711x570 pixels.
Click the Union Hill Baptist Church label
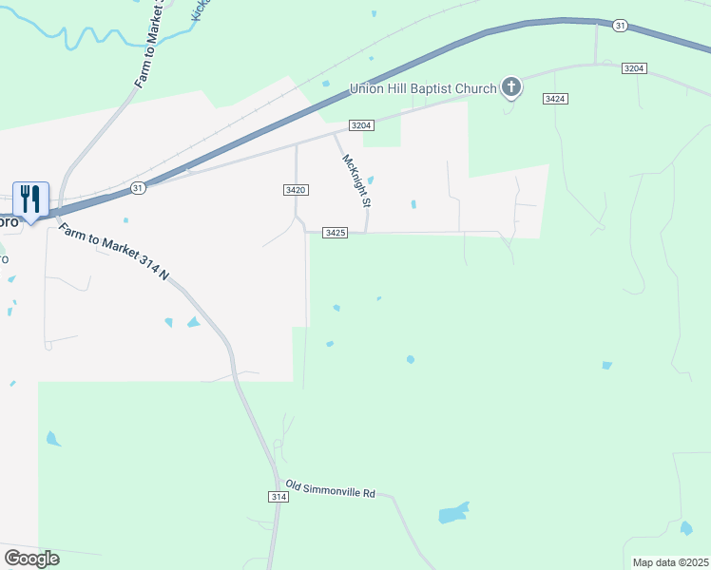click(x=423, y=88)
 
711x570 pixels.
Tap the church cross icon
click(x=511, y=88)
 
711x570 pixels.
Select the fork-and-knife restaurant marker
click(x=30, y=199)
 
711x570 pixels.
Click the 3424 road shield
click(x=556, y=99)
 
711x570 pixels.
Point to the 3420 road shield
click(x=295, y=190)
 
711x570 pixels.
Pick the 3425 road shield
click(x=335, y=232)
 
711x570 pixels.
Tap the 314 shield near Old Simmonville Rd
click(x=278, y=497)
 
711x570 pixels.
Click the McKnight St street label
click(x=355, y=180)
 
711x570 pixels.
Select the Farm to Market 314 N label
click(x=113, y=253)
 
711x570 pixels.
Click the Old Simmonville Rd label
click(x=331, y=490)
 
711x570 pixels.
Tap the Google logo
click(x=31, y=559)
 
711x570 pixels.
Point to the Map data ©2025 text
click(x=670, y=562)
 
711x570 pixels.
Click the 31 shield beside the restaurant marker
click(x=138, y=188)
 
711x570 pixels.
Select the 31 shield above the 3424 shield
click(x=620, y=26)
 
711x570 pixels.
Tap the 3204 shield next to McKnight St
click(x=361, y=125)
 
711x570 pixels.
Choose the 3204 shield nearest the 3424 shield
click(x=635, y=68)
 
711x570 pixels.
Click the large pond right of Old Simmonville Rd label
click(x=453, y=514)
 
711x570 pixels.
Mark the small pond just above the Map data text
click(x=686, y=528)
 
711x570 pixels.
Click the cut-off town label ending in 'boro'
click(x=9, y=221)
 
